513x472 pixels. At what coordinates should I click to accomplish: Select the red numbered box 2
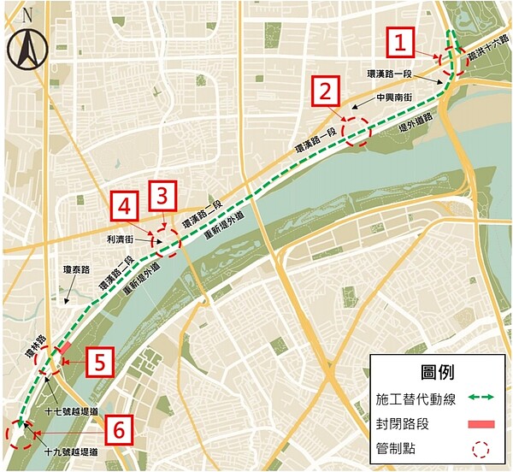pos(326,91)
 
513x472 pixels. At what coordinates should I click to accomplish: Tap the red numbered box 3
pos(163,196)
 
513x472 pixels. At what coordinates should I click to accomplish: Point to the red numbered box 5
pos(100,363)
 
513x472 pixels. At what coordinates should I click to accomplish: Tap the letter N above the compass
pos(28,15)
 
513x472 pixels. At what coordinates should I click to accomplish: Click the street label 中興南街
pos(395,98)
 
